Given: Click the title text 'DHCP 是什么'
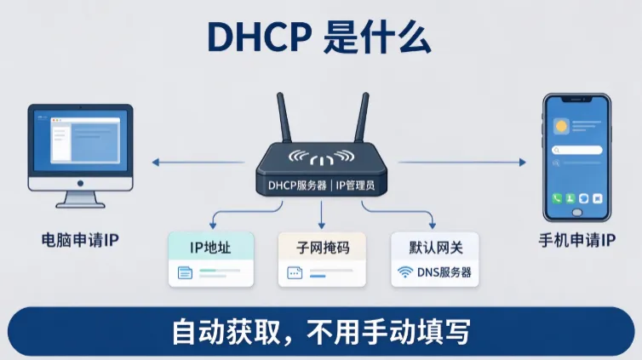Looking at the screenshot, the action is [319, 37].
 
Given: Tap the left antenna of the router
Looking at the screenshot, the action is [284, 117].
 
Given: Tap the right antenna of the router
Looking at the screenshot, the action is [362, 117].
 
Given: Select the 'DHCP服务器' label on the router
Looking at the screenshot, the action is [297, 186].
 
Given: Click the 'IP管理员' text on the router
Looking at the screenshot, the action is [355, 186].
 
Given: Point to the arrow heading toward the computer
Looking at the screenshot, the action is [198, 163].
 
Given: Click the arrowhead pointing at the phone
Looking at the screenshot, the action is [523, 163].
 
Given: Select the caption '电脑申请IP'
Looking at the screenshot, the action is [80, 240].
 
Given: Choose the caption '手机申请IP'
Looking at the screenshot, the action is [577, 240].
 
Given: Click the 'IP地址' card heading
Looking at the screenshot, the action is [210, 248].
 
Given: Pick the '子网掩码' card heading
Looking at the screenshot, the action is [323, 248].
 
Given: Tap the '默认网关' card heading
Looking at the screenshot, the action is [436, 248].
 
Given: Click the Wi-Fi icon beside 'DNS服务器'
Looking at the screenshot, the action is [405, 272].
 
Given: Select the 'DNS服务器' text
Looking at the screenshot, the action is [444, 272].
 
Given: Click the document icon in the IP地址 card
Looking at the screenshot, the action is [185, 273].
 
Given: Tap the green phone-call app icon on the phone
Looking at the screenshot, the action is [557, 198].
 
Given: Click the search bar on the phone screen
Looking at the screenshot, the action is [577, 150].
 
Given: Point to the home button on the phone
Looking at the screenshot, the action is [577, 212].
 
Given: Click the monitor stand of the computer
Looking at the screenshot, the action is [80, 200].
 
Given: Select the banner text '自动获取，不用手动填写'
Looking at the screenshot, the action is [321, 332].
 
